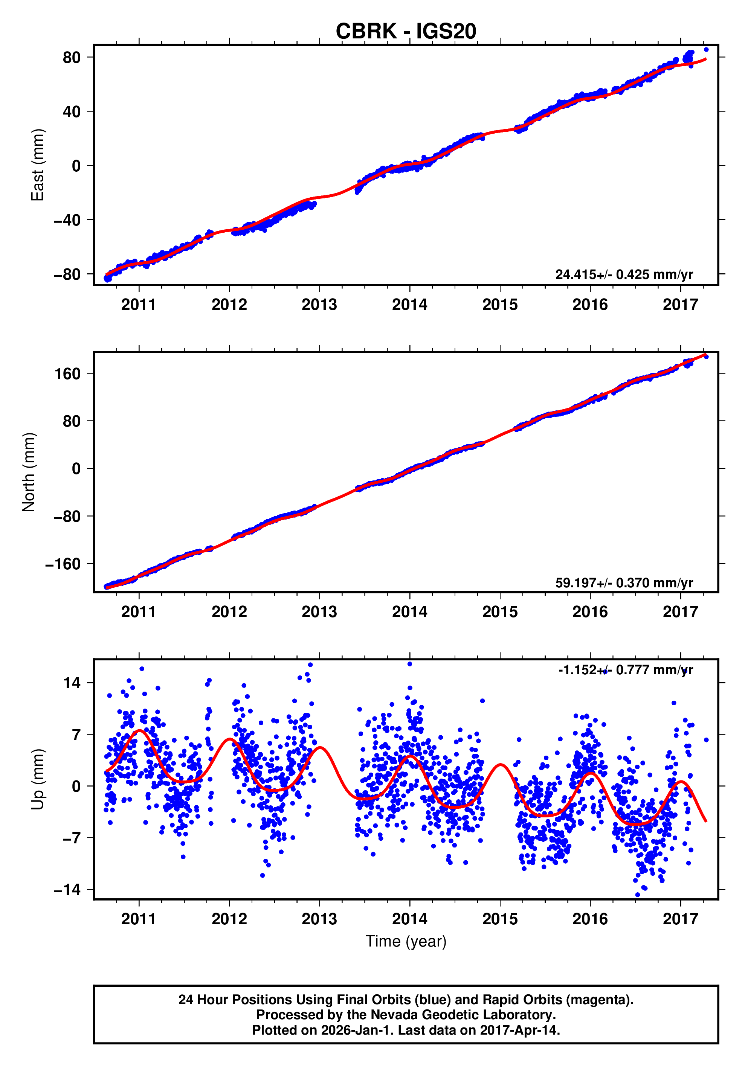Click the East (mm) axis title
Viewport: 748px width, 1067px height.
coord(37,165)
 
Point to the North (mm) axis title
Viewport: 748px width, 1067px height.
coord(29,472)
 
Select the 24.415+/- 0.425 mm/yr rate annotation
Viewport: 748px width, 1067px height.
coord(624,274)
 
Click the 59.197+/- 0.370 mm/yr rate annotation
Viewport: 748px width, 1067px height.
coord(624,583)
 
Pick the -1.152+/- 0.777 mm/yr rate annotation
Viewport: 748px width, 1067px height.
coord(625,670)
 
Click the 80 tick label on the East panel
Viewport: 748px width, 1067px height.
coord(72,58)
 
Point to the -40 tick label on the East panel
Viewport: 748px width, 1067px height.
coord(67,220)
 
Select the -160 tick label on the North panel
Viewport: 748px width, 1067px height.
coord(63,564)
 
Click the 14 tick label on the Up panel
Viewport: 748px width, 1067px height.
coord(72,683)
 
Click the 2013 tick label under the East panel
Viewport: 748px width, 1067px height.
coord(319,305)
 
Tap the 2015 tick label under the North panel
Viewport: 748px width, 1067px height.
coord(500,612)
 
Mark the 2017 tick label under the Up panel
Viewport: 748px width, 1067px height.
coord(680,919)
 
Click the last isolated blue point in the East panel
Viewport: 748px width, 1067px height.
coord(706,50)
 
